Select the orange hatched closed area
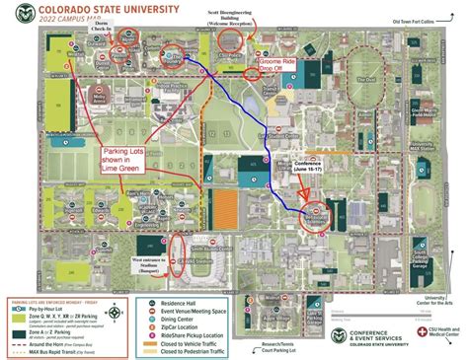(x=228, y=206)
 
